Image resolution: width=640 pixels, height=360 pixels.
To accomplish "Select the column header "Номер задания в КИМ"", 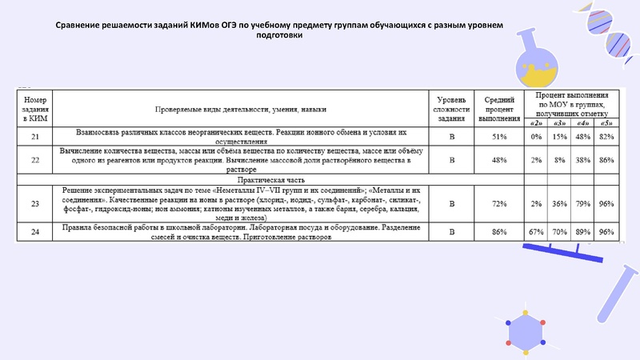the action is pyautogui.click(x=35, y=107).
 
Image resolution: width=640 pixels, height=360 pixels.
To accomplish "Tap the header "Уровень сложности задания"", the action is pyautogui.click(x=451, y=107).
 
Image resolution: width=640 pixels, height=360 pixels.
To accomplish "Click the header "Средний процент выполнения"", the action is pyautogui.click(x=499, y=107).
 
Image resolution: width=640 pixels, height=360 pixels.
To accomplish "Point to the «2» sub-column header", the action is pyautogui.click(x=537, y=122).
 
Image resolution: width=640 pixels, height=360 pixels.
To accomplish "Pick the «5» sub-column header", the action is pyautogui.click(x=606, y=122).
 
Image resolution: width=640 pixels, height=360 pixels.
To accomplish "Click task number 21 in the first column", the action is pyautogui.click(x=35, y=136).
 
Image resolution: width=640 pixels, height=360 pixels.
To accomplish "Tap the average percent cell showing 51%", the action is pyautogui.click(x=499, y=136).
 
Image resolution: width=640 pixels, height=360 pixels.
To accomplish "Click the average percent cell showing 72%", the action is pyautogui.click(x=499, y=204).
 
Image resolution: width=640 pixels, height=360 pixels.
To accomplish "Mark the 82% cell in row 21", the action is pyautogui.click(x=606, y=136).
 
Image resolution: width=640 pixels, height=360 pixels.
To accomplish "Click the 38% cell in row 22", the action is pyautogui.click(x=582, y=159).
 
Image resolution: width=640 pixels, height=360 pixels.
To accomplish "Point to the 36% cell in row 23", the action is pyautogui.click(x=560, y=204).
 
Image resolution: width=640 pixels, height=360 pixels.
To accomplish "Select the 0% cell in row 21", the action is pyautogui.click(x=537, y=136).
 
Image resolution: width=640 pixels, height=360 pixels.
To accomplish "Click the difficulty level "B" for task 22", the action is pyautogui.click(x=451, y=159).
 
